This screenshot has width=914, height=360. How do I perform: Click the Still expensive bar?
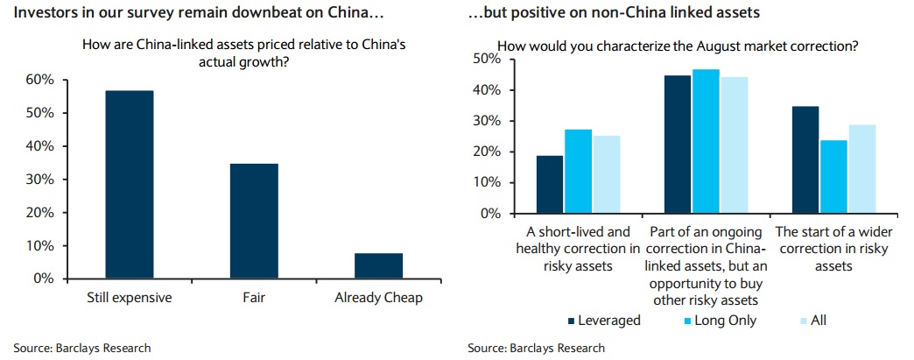click(x=130, y=184)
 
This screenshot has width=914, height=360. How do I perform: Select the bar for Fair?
click(x=254, y=221)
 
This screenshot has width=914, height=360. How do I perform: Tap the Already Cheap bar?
click(x=378, y=265)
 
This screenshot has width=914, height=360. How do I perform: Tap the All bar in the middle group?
click(x=735, y=145)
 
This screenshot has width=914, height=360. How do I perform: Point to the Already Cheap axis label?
click(x=378, y=298)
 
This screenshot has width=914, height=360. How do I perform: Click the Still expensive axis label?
click(x=130, y=298)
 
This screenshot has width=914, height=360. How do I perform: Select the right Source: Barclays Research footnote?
click(x=536, y=348)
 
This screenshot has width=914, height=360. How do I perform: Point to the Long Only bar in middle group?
click(x=707, y=141)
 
